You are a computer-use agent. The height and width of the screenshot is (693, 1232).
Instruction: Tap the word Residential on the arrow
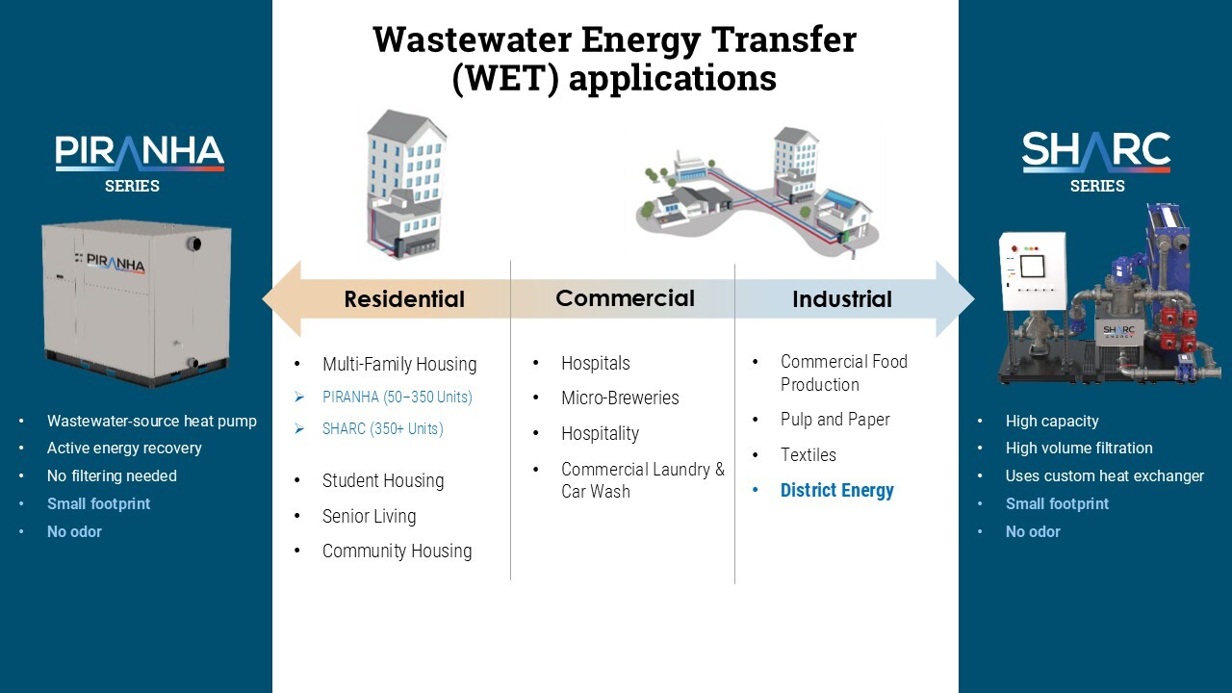click(x=404, y=299)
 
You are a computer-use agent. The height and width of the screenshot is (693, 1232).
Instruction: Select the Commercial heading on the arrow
click(x=625, y=298)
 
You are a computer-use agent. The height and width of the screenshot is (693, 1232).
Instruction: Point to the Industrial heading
click(x=842, y=299)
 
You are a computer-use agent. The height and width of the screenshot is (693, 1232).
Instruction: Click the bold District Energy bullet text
click(x=837, y=490)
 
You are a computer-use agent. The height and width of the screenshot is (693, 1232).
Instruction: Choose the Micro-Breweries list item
click(x=620, y=398)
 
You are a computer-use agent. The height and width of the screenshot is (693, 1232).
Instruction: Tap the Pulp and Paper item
click(x=834, y=419)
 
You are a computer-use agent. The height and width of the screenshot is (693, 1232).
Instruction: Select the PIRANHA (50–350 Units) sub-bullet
click(x=398, y=397)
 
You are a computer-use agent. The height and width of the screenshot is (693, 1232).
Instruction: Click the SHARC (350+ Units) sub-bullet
click(x=383, y=428)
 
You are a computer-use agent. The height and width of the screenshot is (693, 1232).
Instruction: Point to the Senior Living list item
click(x=369, y=516)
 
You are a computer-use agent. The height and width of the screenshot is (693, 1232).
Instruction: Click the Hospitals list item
click(x=596, y=363)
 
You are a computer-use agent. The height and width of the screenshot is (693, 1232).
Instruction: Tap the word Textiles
click(x=808, y=455)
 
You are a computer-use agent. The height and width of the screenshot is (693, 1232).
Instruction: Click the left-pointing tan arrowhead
click(x=282, y=299)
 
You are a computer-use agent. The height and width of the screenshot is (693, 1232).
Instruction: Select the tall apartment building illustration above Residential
click(x=406, y=183)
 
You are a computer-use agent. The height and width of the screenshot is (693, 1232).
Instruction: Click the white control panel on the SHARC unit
click(x=1033, y=271)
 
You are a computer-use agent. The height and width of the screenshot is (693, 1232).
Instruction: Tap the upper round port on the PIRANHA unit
click(x=193, y=244)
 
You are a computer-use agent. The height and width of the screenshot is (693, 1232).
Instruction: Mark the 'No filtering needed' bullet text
click(x=112, y=475)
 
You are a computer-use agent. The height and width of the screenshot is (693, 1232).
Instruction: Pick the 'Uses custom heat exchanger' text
click(x=1104, y=475)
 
